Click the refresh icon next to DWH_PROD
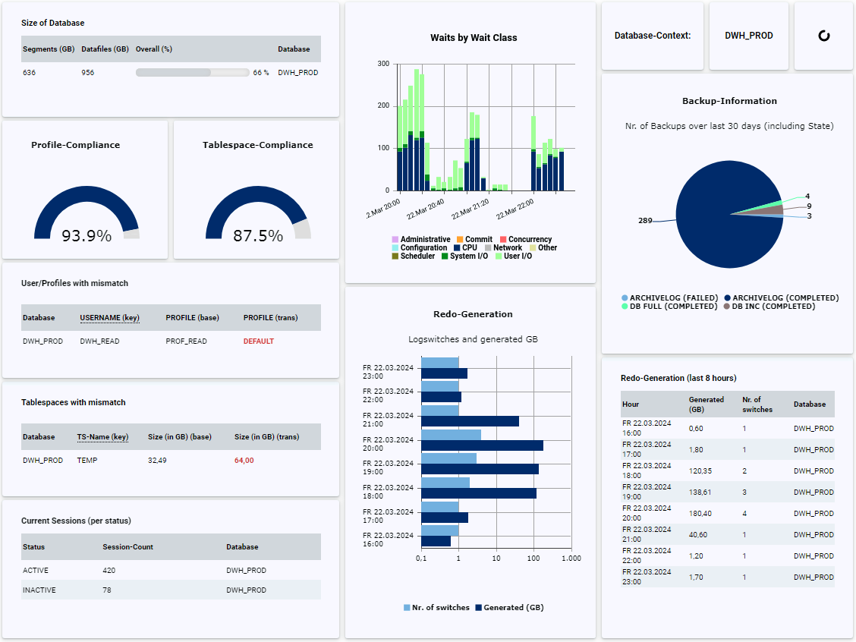pyautogui.click(x=823, y=36)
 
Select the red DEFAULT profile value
pyautogui.click(x=258, y=341)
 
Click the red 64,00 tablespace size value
pyautogui.click(x=244, y=460)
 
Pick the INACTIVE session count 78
pyautogui.click(x=107, y=590)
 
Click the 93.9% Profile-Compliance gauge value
pyautogui.click(x=87, y=236)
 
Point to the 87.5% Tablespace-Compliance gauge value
pyautogui.click(x=258, y=236)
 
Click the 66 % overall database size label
pyautogui.click(x=261, y=73)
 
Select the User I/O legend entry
pyautogui.click(x=518, y=256)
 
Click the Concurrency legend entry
pyautogui.click(x=530, y=240)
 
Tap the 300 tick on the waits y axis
pyautogui.click(x=383, y=64)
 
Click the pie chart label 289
pyautogui.click(x=645, y=221)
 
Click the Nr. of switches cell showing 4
pyautogui.click(x=744, y=514)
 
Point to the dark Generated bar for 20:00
pyautogui.click(x=482, y=445)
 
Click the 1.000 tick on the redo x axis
pyautogui.click(x=571, y=559)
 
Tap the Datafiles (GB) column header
pyautogui.click(x=105, y=49)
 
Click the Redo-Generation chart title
pyautogui.click(x=473, y=314)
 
